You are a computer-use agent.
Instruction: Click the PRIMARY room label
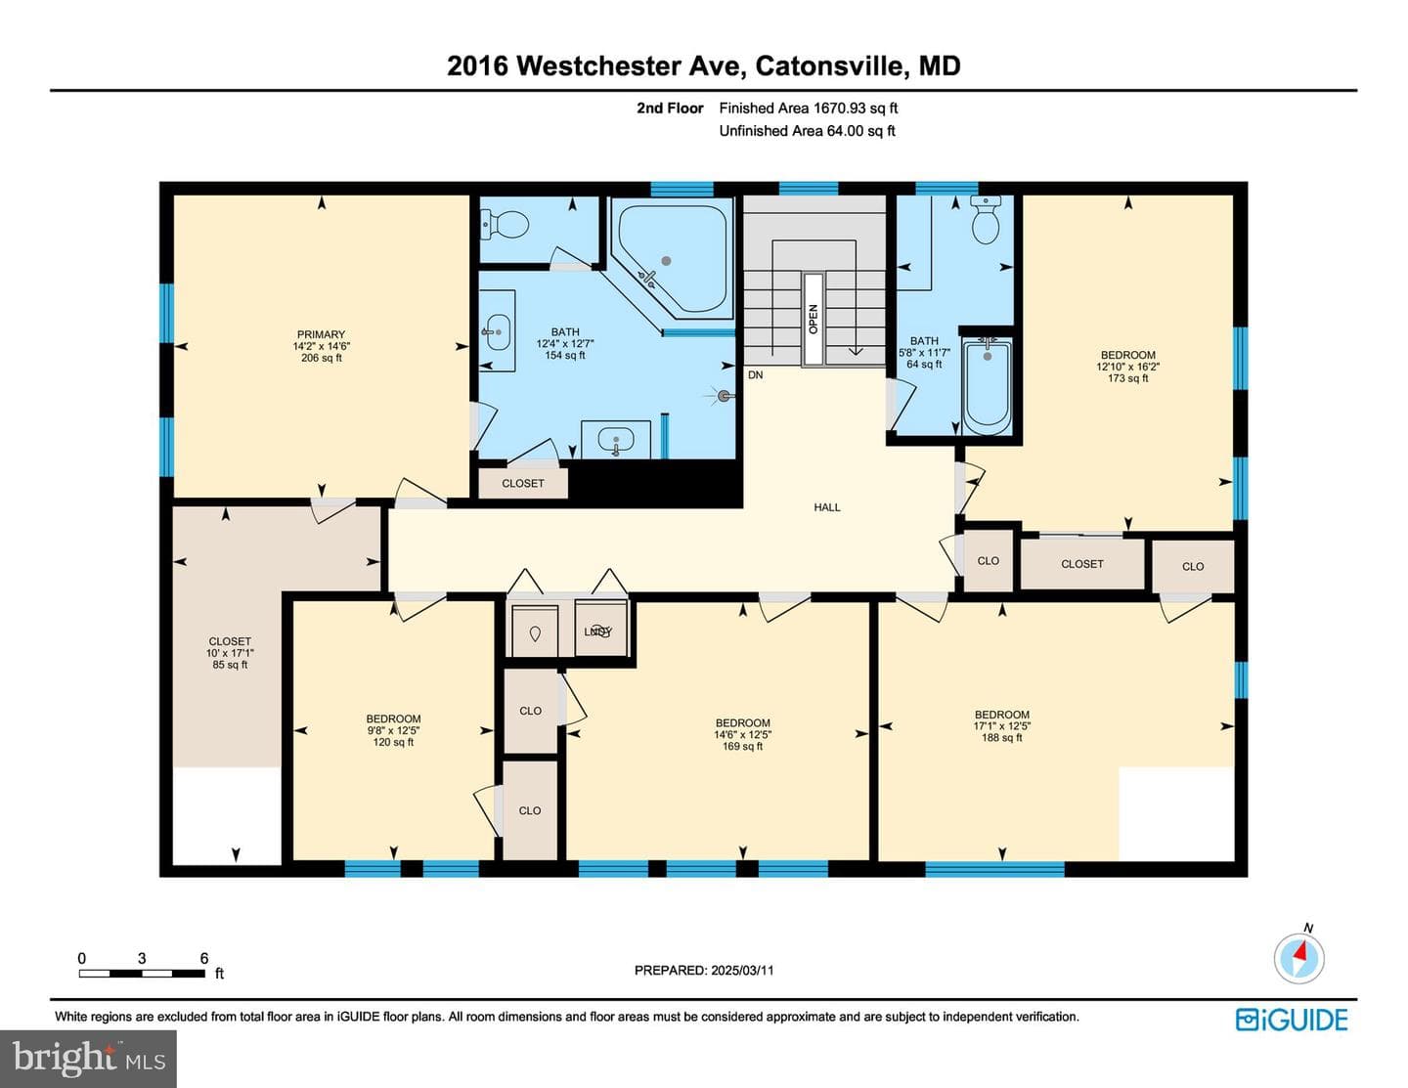coord(321,334)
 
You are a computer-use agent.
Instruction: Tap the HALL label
coord(827,507)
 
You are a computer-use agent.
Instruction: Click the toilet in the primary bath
coord(505,225)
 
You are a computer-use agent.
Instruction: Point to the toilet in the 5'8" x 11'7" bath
coord(986,219)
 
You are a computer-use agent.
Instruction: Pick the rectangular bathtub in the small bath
coord(987,387)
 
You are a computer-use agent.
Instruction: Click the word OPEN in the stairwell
coord(814,320)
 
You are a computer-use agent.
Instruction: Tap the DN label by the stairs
coord(756,375)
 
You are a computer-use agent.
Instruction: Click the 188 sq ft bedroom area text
coord(1002,738)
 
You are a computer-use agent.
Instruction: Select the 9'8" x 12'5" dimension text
coord(393,730)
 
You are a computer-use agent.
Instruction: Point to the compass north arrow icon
coord(1299,958)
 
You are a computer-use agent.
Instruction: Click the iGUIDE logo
coord(1292,1020)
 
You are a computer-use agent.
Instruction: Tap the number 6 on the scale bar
coord(204,958)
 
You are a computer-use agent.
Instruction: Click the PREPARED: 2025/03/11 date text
coord(704,970)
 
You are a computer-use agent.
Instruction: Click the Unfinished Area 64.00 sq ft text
coord(807,131)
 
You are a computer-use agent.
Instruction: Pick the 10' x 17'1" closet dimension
coord(230,653)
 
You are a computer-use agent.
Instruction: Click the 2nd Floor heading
coord(670,109)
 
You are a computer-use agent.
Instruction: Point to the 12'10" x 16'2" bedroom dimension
coord(1128,367)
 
